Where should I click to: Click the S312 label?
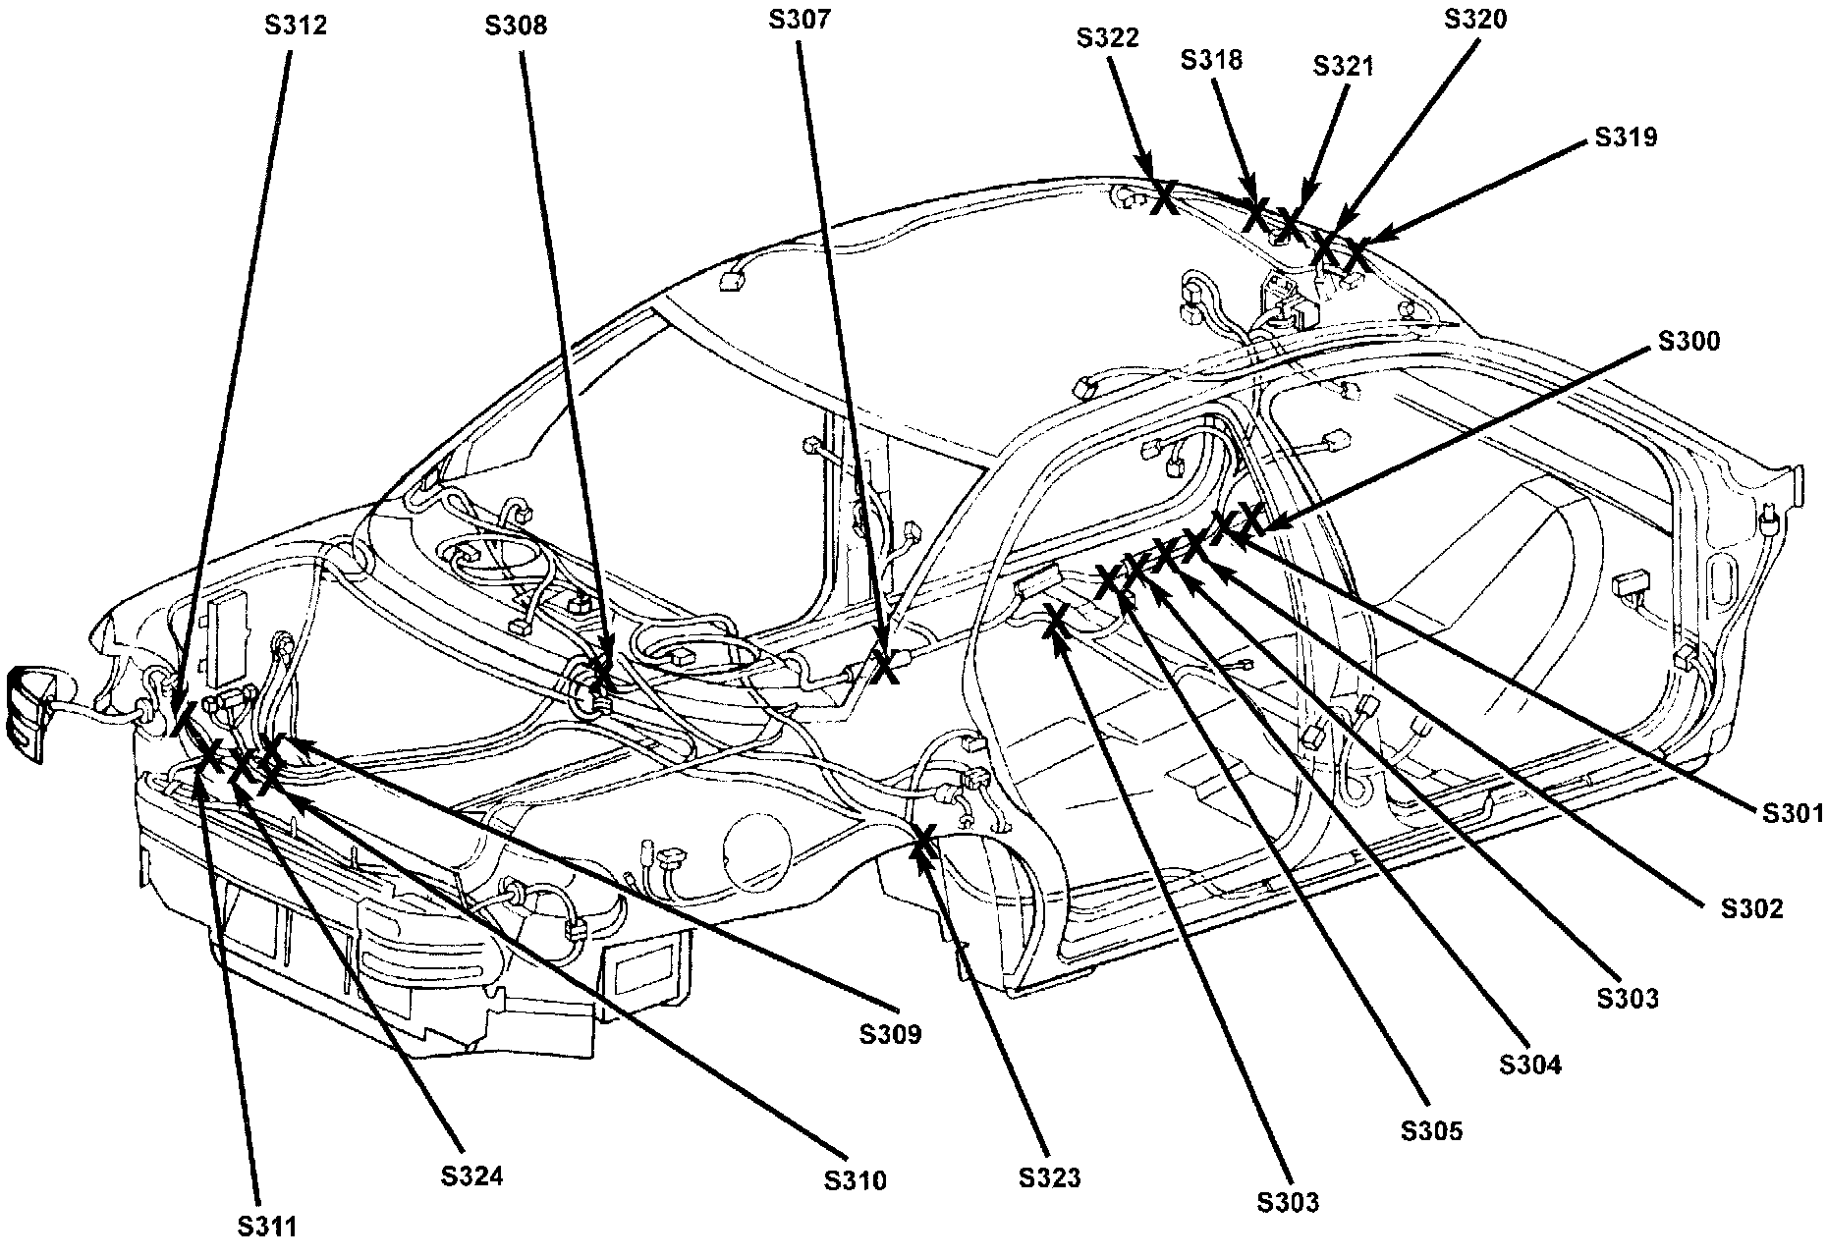pos(296,26)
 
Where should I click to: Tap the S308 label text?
pos(516,26)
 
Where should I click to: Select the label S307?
pos(801,19)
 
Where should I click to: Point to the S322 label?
pos(1108,38)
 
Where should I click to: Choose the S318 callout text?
pos(1211,60)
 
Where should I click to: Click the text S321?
pos(1344,66)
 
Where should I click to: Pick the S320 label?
pos(1475,19)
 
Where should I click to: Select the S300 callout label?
pos(1689,341)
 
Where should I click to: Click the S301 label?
pos(1792,813)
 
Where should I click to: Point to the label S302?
pos(1751,909)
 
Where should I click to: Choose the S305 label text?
pos(1431,1130)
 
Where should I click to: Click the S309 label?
pos(891,1034)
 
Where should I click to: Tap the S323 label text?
pos(1049,1177)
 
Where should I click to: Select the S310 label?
pos(856,1179)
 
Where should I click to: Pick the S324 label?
pos(471,1175)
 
